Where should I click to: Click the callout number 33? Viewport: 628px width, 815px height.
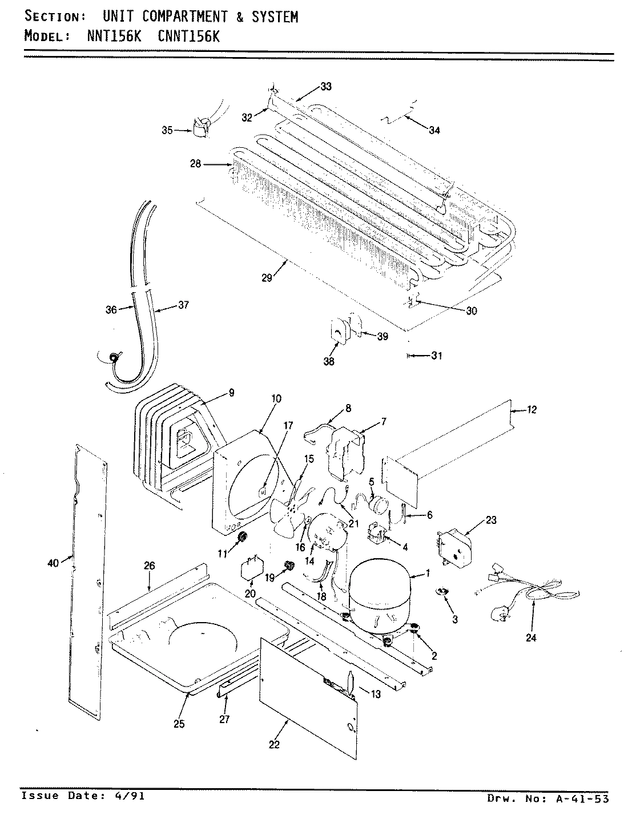pos(326,87)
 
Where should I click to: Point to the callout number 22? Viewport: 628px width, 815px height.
pos(274,745)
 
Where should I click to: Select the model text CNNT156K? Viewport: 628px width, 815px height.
pos(188,37)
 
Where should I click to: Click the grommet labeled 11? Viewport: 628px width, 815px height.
pos(241,536)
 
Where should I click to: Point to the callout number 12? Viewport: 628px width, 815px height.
pos(532,410)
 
